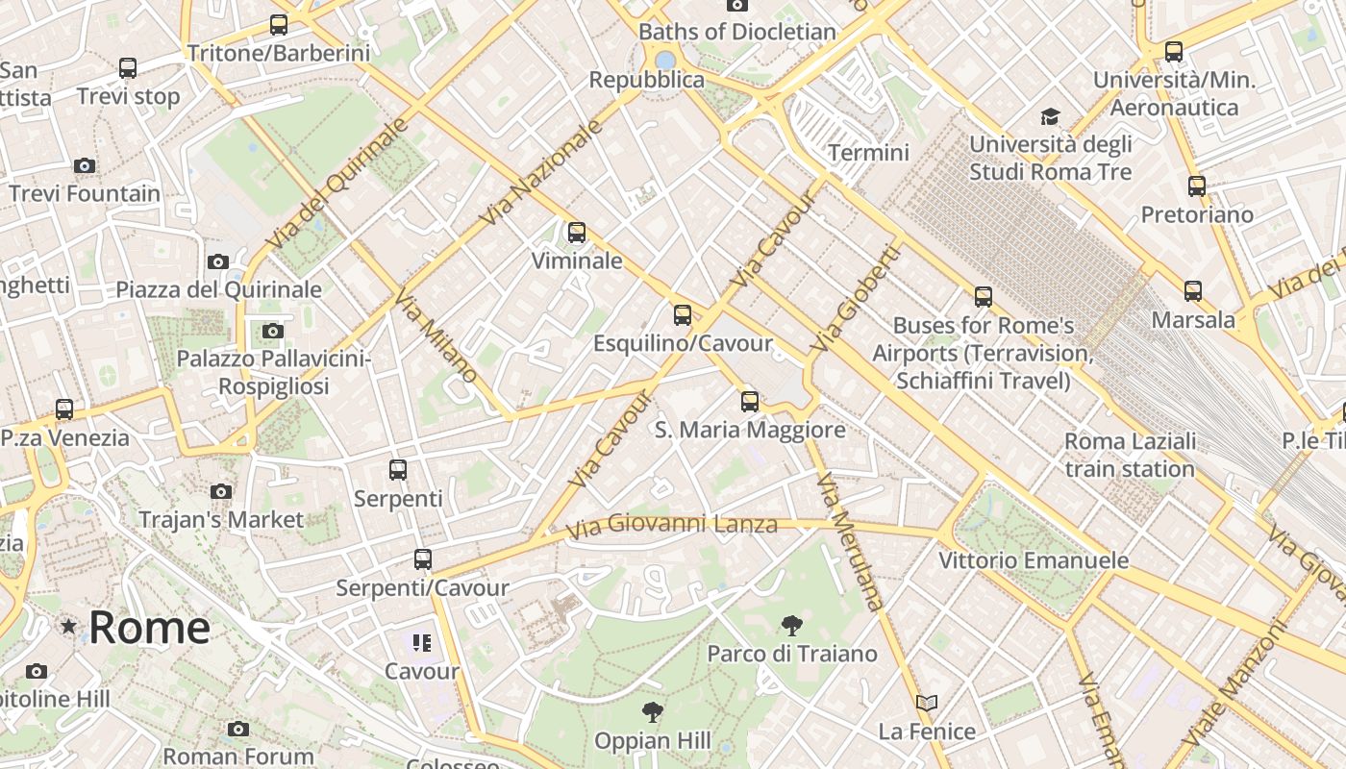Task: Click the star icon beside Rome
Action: [68, 628]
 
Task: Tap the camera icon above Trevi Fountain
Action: [85, 166]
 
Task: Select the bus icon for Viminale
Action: [576, 233]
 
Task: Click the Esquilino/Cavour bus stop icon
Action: [682, 315]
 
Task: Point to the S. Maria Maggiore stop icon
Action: [749, 402]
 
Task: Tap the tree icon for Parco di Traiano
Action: [791, 626]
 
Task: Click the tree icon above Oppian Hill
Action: [652, 712]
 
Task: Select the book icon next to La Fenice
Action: [926, 704]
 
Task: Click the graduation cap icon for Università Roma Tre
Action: [1050, 117]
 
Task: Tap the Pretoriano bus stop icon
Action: [1196, 186]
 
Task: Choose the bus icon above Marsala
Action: [1192, 290]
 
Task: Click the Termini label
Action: [868, 153]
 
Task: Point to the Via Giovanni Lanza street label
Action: [671, 526]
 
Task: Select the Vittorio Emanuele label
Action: [1034, 560]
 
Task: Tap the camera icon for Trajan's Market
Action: [221, 492]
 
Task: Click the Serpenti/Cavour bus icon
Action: [422, 559]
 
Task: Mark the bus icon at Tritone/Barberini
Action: [279, 25]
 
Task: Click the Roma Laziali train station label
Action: [1130, 455]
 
